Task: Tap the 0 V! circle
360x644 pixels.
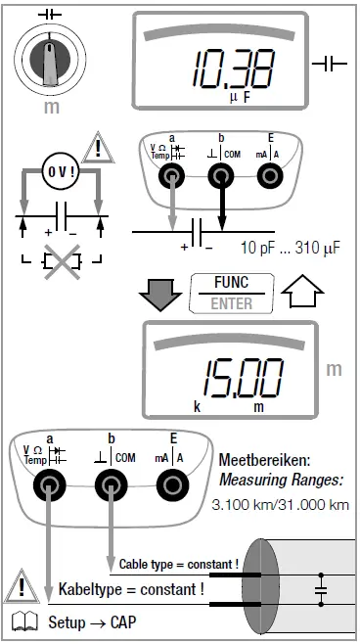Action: tap(60, 170)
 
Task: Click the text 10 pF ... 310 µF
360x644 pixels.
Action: tap(290, 249)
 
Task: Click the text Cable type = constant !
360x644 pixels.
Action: tap(178, 565)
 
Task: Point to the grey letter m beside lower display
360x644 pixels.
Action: tap(334, 369)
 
